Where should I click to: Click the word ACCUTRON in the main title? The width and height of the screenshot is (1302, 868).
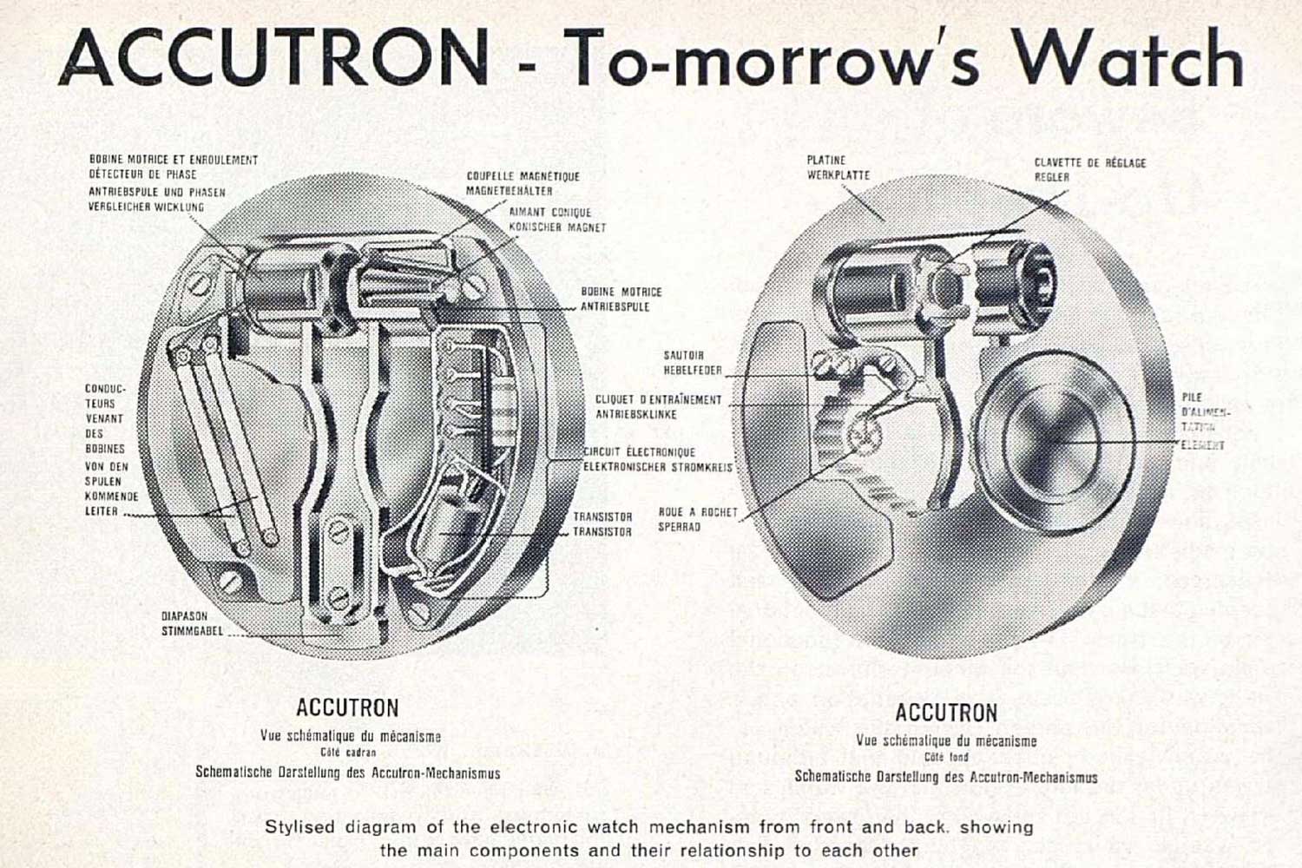click(x=273, y=59)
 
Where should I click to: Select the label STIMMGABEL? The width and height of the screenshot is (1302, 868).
click(x=192, y=631)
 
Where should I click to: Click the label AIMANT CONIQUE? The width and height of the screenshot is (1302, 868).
click(x=549, y=212)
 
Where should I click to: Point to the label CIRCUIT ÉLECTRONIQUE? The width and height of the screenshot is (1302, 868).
click(x=639, y=452)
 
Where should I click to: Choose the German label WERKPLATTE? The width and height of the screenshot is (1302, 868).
click(x=838, y=175)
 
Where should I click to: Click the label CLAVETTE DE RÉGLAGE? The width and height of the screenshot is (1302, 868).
click(x=1089, y=162)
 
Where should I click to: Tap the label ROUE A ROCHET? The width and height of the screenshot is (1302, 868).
click(x=697, y=512)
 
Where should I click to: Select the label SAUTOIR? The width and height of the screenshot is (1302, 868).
click(x=683, y=355)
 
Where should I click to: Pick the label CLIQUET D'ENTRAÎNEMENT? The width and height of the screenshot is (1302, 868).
click(x=658, y=400)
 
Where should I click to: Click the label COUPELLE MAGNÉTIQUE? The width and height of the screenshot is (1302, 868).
click(x=523, y=176)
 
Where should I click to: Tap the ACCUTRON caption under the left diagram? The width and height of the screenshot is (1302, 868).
click(x=347, y=707)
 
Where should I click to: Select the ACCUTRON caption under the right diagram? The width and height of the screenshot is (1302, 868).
click(x=946, y=713)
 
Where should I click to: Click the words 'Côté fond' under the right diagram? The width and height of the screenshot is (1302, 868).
click(x=946, y=758)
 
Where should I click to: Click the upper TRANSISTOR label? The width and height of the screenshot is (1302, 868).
click(x=602, y=516)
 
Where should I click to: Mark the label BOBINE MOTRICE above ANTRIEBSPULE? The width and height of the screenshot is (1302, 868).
click(x=621, y=292)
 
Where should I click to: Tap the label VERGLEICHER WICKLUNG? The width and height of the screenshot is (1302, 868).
click(x=146, y=207)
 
